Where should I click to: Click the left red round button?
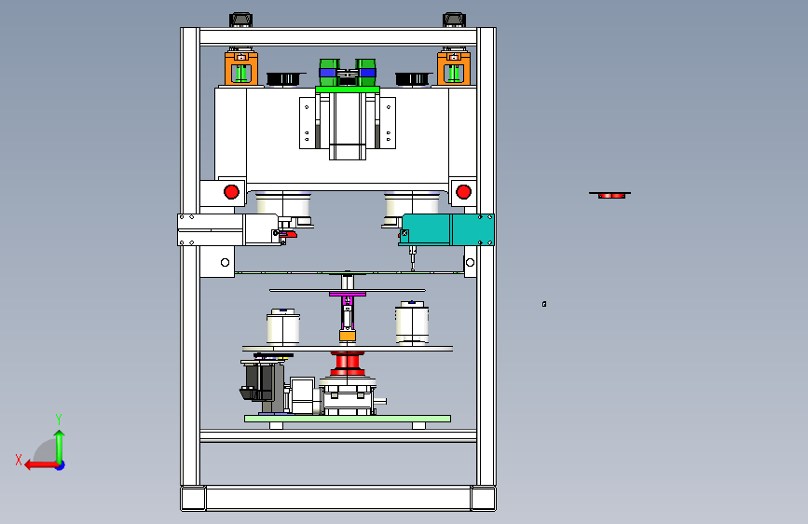231,192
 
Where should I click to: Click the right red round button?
463,192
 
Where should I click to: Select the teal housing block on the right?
447,229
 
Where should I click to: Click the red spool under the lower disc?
348,364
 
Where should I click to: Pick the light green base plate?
348,419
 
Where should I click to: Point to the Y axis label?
59,420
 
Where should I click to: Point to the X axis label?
19,460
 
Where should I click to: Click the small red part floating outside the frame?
610,196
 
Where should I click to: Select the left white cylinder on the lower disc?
283,327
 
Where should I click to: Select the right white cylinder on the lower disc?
412,323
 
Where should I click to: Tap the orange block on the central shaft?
348,337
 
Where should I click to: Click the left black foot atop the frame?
240,21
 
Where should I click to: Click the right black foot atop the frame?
454,21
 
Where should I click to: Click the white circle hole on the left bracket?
225,263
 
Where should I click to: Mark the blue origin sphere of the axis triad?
61,465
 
